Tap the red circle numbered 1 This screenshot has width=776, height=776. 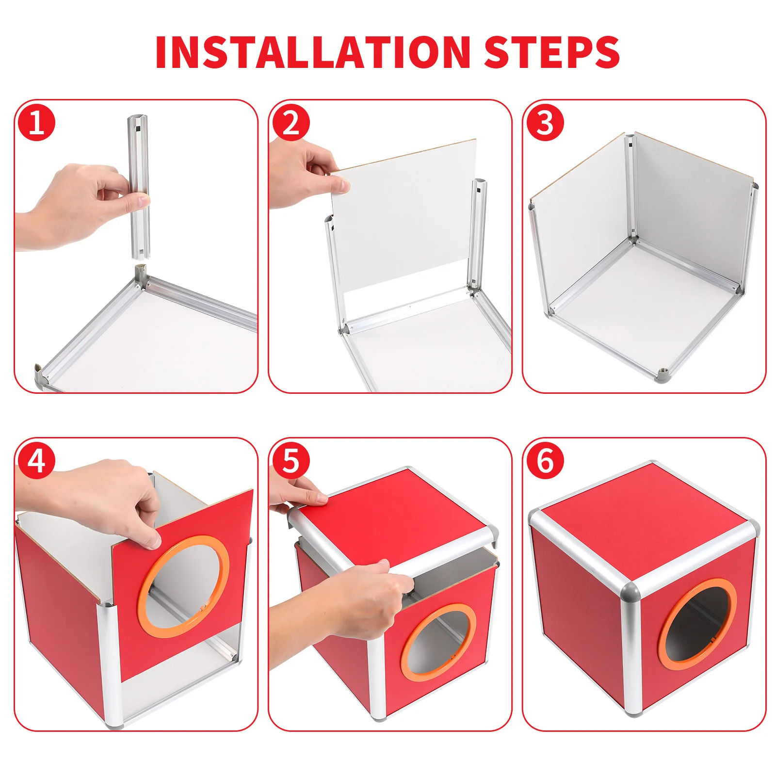[x=37, y=122]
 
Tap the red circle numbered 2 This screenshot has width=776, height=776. [x=291, y=122]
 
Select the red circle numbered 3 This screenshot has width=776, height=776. [x=545, y=122]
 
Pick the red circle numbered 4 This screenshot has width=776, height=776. [x=37, y=460]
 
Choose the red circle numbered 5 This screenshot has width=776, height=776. [x=291, y=460]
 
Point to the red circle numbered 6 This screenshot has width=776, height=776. [x=545, y=460]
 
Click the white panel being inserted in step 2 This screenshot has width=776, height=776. [x=403, y=213]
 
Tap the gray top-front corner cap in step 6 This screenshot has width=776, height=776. [x=630, y=591]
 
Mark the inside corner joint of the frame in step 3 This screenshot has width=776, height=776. [x=632, y=240]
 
